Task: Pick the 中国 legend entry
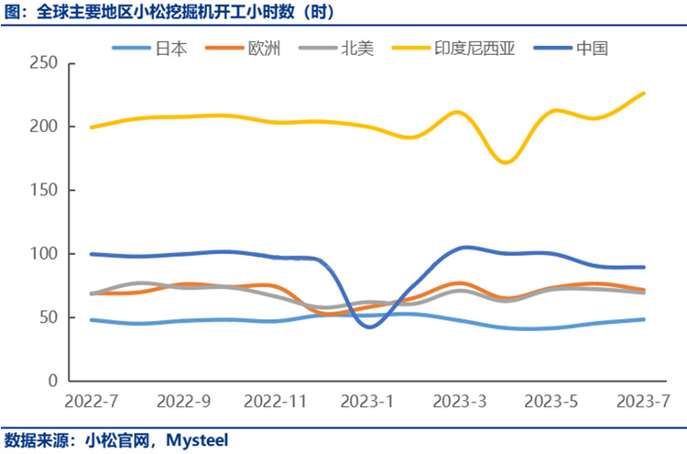[593, 49]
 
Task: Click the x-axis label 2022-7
[91, 402]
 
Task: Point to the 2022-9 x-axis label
[183, 402]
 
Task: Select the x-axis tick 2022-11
[275, 402]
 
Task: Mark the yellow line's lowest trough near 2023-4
[505, 162]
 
